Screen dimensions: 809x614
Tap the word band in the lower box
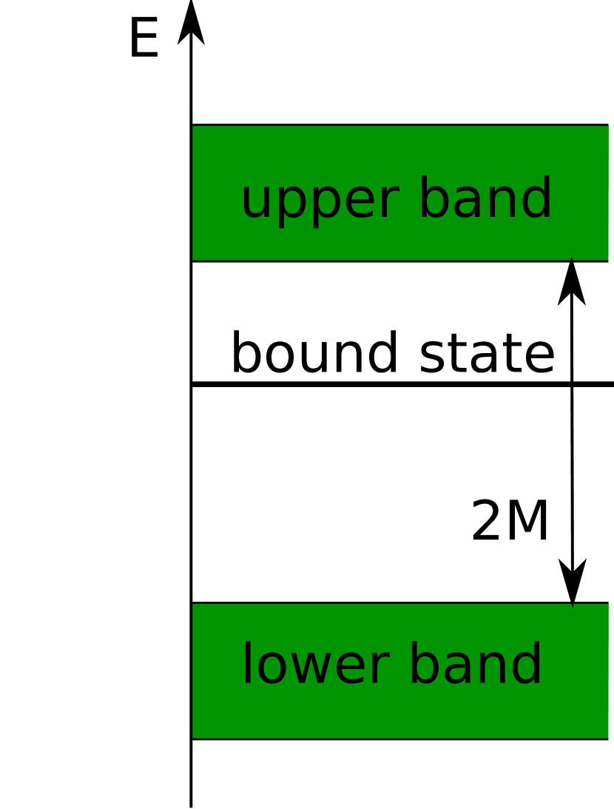[x=476, y=665]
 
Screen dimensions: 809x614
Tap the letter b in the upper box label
[x=433, y=198]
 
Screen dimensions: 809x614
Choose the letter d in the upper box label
[x=536, y=198]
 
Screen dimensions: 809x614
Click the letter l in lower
[x=248, y=664]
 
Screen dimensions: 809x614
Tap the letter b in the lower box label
[x=424, y=664]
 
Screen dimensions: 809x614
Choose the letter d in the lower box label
[x=527, y=664]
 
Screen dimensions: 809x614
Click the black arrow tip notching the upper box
[x=571, y=264]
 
